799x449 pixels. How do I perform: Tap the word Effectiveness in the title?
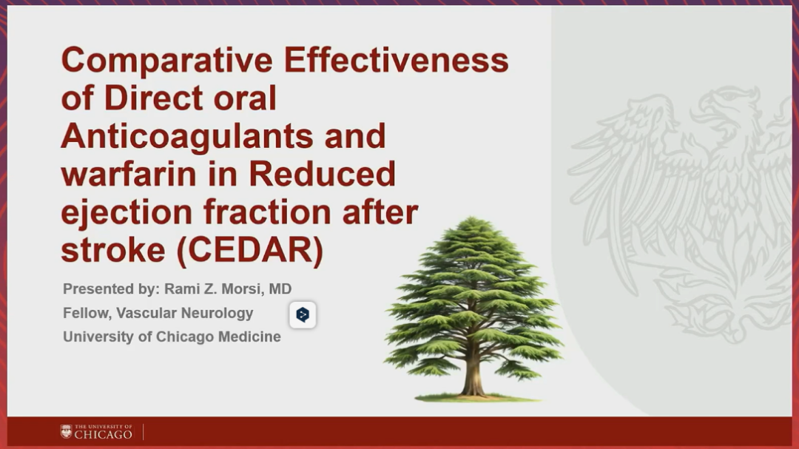click(x=396, y=60)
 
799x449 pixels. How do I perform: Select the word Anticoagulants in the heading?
click(x=187, y=137)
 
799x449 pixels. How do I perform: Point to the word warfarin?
click(x=129, y=174)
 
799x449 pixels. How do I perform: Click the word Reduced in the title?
click(x=322, y=174)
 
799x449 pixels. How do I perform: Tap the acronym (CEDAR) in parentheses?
click(x=250, y=250)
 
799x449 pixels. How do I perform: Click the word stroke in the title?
click(x=113, y=250)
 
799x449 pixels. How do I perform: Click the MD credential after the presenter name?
click(x=280, y=289)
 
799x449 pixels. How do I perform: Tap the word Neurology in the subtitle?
click(x=221, y=314)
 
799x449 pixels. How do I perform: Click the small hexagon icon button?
click(x=303, y=314)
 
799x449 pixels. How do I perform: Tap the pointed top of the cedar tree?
click(x=472, y=219)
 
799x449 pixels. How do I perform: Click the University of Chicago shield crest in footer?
click(x=67, y=432)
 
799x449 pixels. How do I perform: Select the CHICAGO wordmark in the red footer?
click(x=104, y=434)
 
